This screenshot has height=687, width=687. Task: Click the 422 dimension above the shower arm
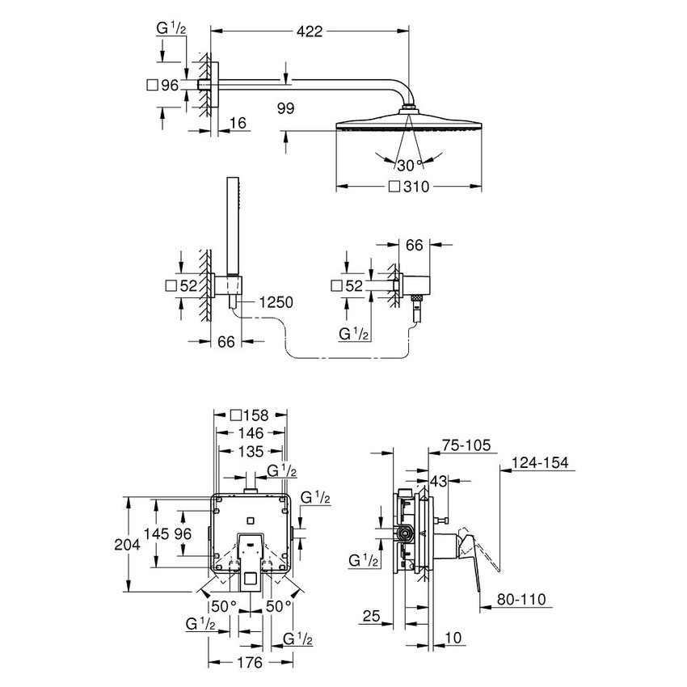[x=310, y=32]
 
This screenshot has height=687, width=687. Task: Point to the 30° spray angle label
[x=410, y=166]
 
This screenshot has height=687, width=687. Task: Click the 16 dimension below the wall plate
[x=238, y=122]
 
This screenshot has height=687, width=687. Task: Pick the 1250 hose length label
[x=275, y=302]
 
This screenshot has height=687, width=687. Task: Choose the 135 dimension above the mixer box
[x=249, y=450]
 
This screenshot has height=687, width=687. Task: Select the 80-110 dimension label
[x=522, y=600]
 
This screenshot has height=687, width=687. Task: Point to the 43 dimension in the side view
[x=438, y=481]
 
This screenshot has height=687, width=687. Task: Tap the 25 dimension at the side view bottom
[x=372, y=617]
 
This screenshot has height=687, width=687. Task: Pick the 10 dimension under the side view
[x=455, y=639]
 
